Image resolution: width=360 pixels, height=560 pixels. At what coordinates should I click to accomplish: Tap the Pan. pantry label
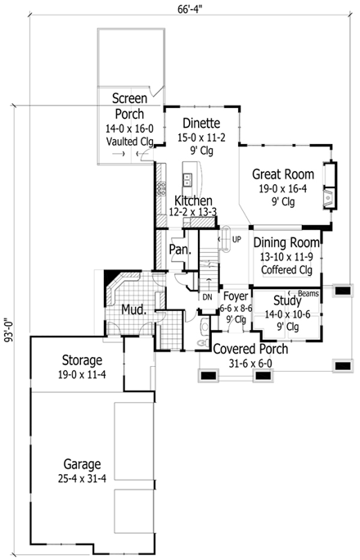point(179,249)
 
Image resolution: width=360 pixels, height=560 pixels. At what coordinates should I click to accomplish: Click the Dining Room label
point(285,243)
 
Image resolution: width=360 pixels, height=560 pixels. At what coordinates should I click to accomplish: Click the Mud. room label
point(133,310)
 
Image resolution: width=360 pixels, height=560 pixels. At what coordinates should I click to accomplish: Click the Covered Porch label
point(250,349)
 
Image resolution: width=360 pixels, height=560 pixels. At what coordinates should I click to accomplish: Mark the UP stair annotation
point(236,240)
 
